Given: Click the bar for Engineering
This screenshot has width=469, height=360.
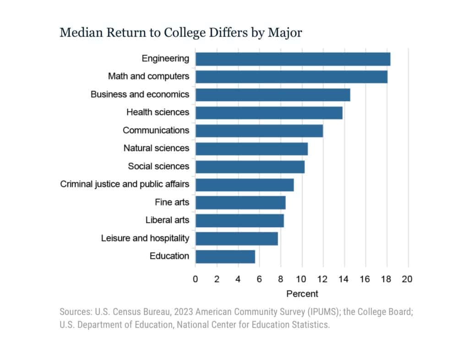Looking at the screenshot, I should tap(293, 59).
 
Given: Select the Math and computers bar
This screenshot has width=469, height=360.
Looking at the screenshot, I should tap(291, 77).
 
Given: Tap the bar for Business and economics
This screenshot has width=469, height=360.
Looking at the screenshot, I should tap(273, 95).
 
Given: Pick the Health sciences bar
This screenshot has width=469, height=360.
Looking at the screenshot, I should tap(269, 113).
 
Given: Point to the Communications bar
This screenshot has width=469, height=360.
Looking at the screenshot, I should tap(259, 131).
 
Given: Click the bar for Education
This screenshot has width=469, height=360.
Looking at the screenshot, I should tap(225, 256).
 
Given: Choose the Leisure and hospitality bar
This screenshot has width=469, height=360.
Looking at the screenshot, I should tap(236, 239).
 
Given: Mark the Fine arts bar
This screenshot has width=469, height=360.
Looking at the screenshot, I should tap(240, 202).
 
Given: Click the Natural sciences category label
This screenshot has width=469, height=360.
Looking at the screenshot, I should tap(156, 148).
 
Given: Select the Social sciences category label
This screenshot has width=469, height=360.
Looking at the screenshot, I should tap(158, 166).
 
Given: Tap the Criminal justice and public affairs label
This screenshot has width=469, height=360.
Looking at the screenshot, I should tap(125, 185).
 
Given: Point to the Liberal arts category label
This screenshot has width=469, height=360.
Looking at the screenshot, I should tap(167, 220).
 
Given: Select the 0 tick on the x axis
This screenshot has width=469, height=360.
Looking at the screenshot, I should tap(196, 279).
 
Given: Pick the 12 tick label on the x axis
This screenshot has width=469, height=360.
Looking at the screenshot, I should tap(322, 279).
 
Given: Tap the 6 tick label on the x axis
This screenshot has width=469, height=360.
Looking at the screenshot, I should tap(259, 279).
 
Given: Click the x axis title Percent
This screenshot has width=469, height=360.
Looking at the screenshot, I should tap(302, 294).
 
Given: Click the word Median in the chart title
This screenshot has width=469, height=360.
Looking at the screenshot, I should tap(77, 33).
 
